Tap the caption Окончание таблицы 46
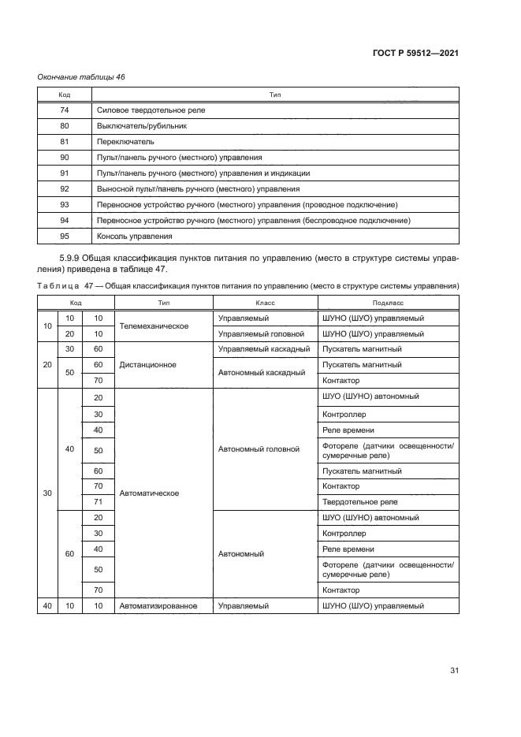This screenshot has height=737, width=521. point(82,77)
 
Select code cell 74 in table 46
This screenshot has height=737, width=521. point(65,110)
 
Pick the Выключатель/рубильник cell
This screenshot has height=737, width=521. point(141,126)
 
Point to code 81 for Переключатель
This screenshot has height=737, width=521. point(65,142)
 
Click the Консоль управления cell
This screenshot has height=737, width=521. point(134,236)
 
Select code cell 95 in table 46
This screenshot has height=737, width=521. point(65,236)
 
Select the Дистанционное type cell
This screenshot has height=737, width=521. point(147,365)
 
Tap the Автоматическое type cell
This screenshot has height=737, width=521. point(149,493)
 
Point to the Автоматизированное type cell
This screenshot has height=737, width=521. point(160,606)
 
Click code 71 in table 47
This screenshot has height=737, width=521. point(99,502)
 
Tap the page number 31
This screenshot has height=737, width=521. point(454,671)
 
